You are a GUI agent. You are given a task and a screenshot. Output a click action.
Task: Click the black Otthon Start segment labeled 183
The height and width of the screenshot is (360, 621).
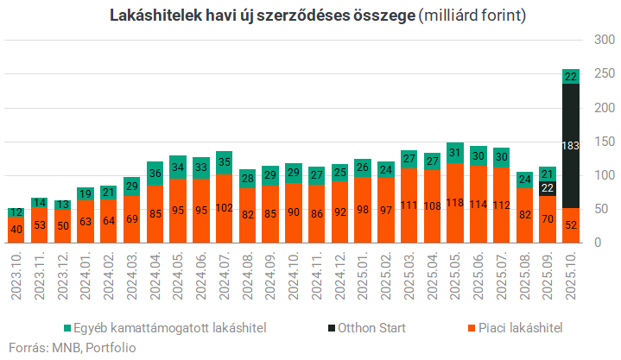click(x=570, y=146)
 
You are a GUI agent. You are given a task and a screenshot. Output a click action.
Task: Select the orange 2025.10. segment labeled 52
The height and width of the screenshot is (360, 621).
click(x=570, y=224)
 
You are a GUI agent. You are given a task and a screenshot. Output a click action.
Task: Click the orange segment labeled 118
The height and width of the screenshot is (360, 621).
click(x=454, y=203)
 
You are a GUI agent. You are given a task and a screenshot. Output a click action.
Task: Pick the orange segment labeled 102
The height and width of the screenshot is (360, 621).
click(x=225, y=208)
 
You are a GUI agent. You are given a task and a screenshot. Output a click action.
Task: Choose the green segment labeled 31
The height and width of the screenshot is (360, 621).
click(x=454, y=153)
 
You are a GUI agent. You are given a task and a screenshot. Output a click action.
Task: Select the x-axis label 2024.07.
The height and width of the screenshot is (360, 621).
click(x=225, y=275)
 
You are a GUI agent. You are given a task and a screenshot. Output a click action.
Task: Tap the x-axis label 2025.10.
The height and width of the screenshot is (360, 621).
click(x=570, y=275)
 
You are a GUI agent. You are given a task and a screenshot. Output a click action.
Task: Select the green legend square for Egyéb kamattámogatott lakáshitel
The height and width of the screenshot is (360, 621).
click(x=67, y=328)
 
